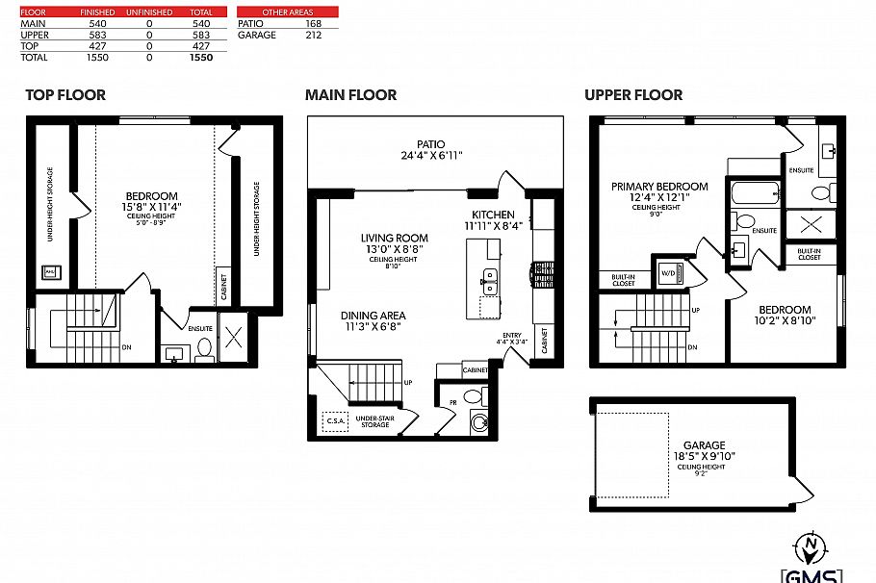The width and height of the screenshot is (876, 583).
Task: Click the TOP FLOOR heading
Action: coord(65,94)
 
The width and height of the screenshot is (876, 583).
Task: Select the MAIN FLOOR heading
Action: coord(350,94)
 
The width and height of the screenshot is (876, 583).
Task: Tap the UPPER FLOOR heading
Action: coord(633,94)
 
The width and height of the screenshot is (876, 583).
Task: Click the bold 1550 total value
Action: coord(201,58)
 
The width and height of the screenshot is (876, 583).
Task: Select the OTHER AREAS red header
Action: coord(288,12)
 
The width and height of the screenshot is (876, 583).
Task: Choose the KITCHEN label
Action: coord(493,215)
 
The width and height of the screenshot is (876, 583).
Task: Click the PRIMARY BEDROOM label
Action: coord(659,187)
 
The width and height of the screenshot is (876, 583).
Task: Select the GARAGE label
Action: coord(705,445)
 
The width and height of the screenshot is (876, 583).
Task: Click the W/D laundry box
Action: coord(668,271)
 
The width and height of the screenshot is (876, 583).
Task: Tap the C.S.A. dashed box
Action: coord(336,420)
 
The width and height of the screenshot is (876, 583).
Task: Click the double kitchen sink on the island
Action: coord(490,280)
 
